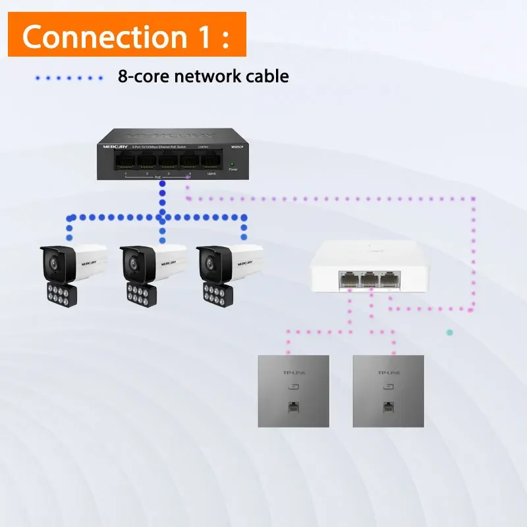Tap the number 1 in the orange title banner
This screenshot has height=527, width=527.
pos(202,36)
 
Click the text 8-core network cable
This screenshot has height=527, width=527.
pos(203,76)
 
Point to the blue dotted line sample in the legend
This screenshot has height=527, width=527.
pos(69,78)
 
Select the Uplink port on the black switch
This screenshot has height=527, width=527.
pos(211,160)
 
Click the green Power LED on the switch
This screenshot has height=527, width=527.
pos(232,163)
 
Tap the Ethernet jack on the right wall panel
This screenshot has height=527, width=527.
pos(388,406)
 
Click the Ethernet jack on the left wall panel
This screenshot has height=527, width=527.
pos(291,406)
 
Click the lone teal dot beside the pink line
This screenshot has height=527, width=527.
pos(449,333)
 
